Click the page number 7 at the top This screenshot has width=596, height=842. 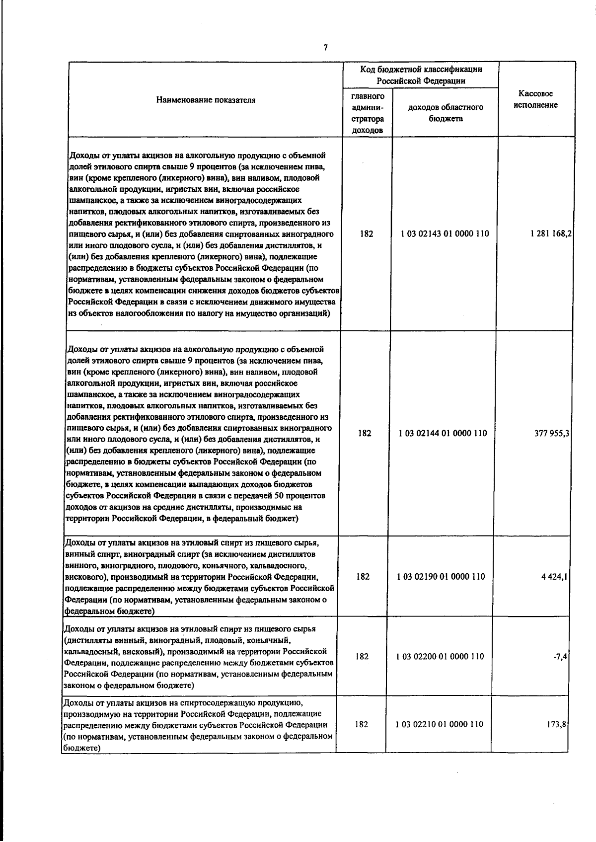[x=325, y=47]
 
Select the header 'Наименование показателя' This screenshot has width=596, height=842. [x=206, y=100]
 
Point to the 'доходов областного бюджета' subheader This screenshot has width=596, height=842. [x=445, y=113]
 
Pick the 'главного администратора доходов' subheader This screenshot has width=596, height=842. [x=368, y=113]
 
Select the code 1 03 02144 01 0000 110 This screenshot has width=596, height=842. [x=443, y=433]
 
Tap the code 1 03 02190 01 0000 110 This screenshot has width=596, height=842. [x=441, y=576]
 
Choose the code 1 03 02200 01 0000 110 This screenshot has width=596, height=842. [x=440, y=656]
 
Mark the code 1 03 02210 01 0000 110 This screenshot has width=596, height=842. [x=439, y=724]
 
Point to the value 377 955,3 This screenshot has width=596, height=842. [x=552, y=433]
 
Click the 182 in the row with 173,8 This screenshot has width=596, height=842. [x=362, y=724]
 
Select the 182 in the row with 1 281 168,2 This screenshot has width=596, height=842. [x=367, y=233]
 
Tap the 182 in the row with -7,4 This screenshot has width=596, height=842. [x=362, y=656]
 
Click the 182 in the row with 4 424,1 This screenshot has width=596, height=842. [x=363, y=576]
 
